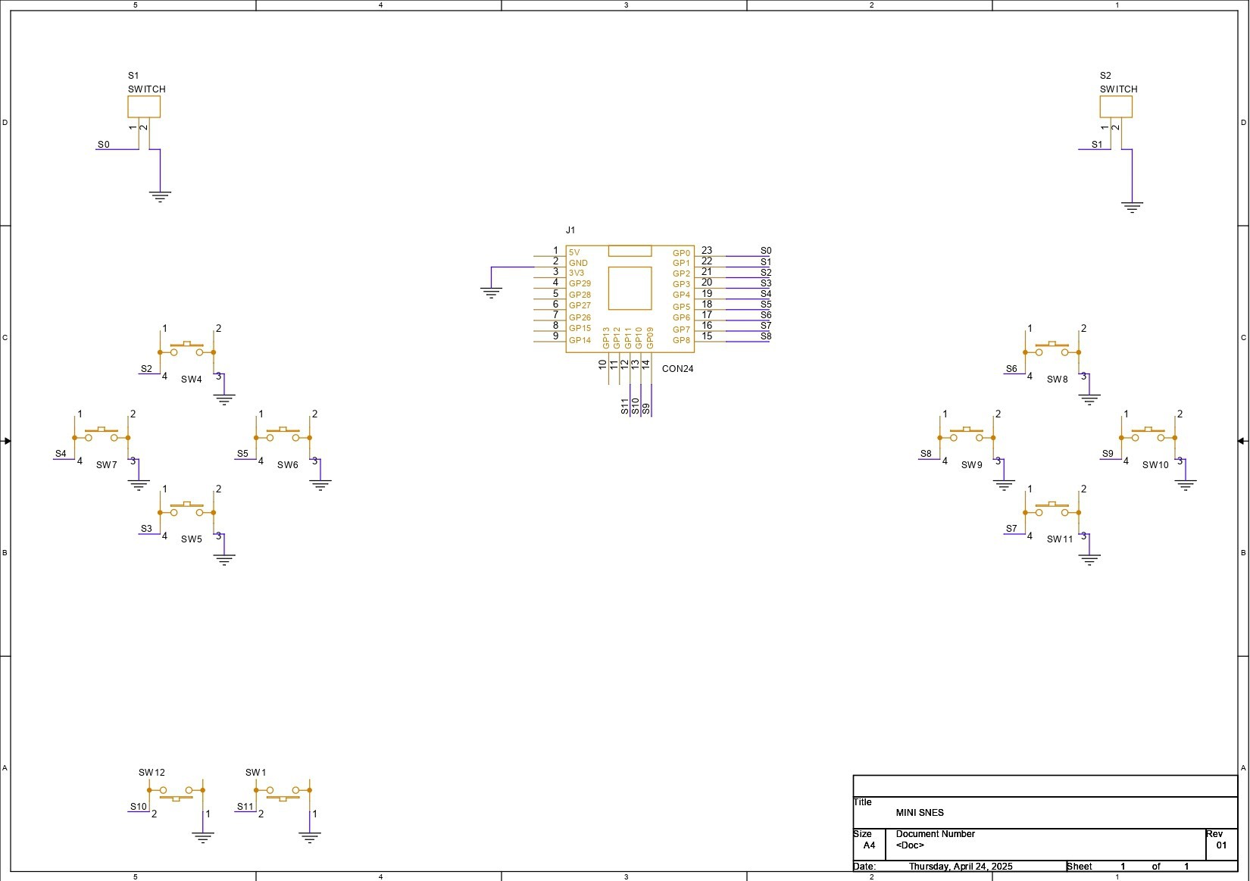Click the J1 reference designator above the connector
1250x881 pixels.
(570, 230)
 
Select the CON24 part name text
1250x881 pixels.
(677, 369)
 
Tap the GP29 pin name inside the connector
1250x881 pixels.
(580, 283)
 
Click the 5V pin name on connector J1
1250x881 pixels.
(574, 252)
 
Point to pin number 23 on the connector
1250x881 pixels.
(707, 251)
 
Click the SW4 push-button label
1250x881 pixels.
(191, 380)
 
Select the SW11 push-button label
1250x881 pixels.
(1060, 539)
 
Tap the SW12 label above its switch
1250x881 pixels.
(152, 773)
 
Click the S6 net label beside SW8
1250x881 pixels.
(1011, 369)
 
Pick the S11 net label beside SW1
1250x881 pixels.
(245, 807)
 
